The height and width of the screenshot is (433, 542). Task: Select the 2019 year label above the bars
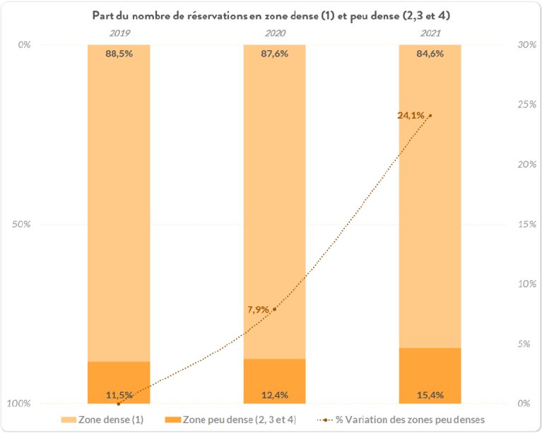pyautogui.click(x=119, y=33)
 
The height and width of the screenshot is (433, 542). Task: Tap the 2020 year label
pyautogui.click(x=274, y=33)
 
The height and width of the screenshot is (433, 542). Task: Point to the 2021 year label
pyautogui.click(x=430, y=33)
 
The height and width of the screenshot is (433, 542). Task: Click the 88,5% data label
pyautogui.click(x=119, y=54)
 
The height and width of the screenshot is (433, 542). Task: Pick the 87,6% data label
pyautogui.click(x=274, y=54)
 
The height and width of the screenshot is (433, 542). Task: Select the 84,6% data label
pyautogui.click(x=430, y=54)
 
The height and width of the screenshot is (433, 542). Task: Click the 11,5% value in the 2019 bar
pyautogui.click(x=119, y=394)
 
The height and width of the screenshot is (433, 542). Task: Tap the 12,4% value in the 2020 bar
pyautogui.click(x=274, y=394)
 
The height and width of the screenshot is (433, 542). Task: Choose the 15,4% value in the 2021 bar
pyautogui.click(x=430, y=394)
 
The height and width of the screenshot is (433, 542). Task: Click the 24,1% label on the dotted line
pyautogui.click(x=411, y=115)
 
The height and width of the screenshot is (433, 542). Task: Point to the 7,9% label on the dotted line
pyautogui.click(x=259, y=309)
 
